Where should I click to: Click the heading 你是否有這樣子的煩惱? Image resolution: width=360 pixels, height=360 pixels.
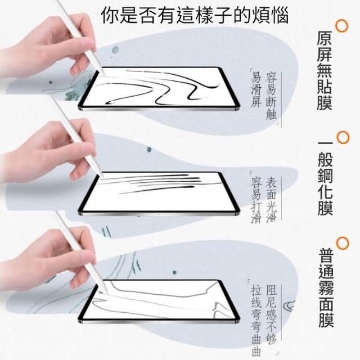(195, 15)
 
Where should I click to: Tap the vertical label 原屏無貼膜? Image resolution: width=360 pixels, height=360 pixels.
(325, 71)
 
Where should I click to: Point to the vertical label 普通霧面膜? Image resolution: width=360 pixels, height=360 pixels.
(326, 287)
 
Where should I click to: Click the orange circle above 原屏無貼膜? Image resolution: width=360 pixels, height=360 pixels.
(342, 26)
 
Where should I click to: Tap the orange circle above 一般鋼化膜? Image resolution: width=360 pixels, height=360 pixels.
(343, 137)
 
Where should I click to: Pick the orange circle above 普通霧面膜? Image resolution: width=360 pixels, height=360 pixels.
(343, 244)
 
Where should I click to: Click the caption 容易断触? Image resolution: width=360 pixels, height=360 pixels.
(271, 96)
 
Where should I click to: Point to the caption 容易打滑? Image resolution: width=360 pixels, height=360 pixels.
(256, 200)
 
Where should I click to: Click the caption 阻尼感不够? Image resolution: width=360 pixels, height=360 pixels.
(272, 315)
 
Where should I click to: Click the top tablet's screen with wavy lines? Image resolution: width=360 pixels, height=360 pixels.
(159, 88)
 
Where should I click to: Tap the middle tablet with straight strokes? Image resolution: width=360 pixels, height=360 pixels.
(159, 193)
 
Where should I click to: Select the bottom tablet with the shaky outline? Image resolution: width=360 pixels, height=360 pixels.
(159, 301)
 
